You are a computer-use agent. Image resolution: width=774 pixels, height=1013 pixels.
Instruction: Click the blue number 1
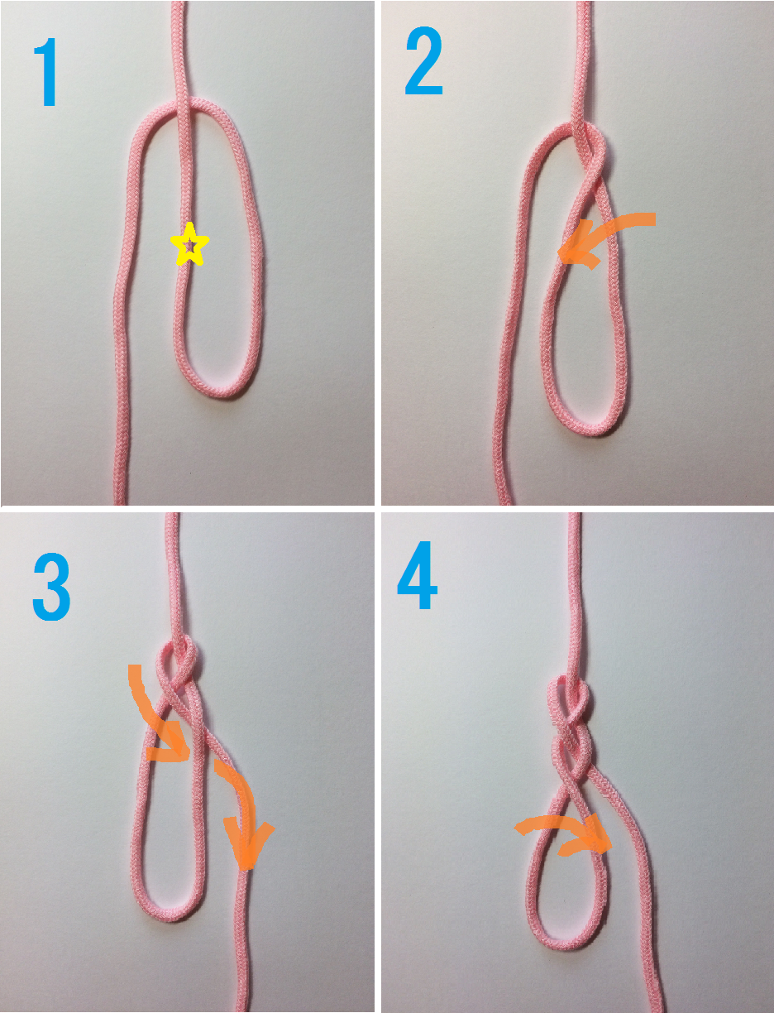point(46,72)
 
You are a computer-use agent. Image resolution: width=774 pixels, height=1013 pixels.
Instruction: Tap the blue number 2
point(423,61)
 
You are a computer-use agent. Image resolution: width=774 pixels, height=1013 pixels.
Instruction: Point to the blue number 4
point(417,575)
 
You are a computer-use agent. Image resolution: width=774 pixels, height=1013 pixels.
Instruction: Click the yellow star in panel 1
point(189,245)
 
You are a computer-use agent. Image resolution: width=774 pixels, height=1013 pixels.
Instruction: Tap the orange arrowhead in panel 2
point(576,247)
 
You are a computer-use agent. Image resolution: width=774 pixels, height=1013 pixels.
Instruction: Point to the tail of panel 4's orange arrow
point(517,828)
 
